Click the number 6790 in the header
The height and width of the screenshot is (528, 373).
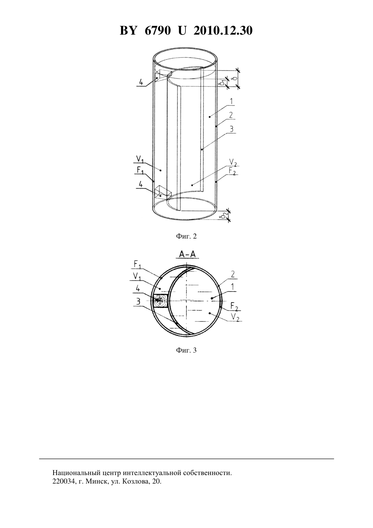[x=157, y=31]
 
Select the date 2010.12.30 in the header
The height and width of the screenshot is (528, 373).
[x=223, y=31]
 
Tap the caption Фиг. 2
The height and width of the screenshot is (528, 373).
[x=186, y=236]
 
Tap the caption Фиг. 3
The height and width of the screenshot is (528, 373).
[x=186, y=350]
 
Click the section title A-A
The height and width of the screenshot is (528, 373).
[x=188, y=254]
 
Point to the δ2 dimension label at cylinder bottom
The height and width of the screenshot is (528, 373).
[x=225, y=215]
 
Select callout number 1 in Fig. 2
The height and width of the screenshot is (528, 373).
[x=231, y=101]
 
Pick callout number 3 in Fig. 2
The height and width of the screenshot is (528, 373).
[x=232, y=129]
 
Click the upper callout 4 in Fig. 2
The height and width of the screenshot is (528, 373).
[x=141, y=82]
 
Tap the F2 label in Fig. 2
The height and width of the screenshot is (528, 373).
[x=232, y=171]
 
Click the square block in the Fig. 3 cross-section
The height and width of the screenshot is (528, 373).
[x=160, y=301]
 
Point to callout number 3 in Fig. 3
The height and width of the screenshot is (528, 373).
[x=138, y=301]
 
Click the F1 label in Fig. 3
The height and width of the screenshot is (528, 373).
[x=137, y=265]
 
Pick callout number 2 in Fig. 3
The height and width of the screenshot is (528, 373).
[x=233, y=275]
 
